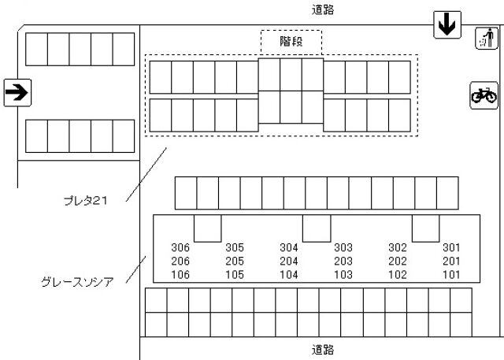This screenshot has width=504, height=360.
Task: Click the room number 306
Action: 180,247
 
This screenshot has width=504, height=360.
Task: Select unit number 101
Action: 451,275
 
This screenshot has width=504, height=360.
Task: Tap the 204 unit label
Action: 289,262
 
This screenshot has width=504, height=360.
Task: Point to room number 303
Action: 343,247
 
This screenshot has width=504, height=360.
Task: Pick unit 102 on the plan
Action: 398,275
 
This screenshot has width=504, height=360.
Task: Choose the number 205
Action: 234,262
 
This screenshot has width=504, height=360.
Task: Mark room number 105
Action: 234,275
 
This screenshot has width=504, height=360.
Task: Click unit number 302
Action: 398,247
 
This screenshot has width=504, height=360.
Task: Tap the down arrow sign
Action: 447,24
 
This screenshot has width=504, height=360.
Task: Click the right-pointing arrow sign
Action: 17,93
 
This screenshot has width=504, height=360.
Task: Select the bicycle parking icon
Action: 484,95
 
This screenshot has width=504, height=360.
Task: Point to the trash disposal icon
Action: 484,38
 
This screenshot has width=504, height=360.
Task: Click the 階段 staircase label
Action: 291,41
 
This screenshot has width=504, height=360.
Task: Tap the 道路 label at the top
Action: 323,9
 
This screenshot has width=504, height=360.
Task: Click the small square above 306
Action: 207,228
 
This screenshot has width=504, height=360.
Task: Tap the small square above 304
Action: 316,228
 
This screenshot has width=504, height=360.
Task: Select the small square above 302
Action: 424,228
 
